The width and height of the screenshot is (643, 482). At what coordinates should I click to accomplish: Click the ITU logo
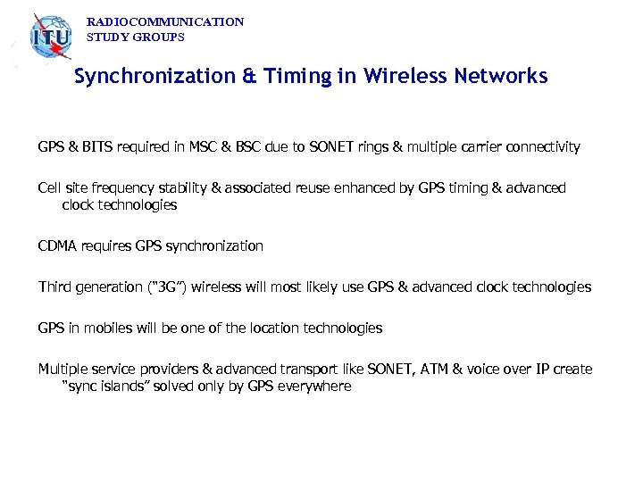pos(50,37)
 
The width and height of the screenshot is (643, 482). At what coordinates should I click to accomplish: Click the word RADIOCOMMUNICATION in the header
pos(165,21)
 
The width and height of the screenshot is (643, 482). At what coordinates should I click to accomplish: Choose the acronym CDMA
pos(56,245)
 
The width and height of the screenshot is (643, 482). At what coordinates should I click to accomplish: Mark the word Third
pos(54,287)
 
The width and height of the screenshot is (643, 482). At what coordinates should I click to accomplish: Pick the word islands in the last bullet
pos(129,386)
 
